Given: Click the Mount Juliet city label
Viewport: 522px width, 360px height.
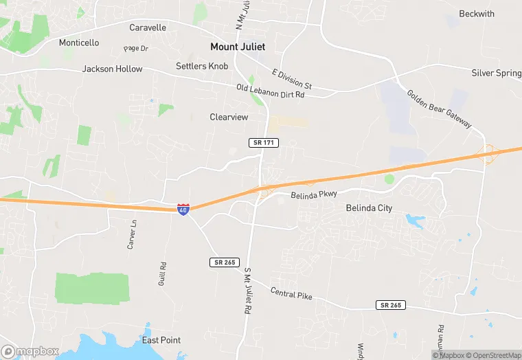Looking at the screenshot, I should [237, 47].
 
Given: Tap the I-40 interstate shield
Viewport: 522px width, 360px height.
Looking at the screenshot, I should [183, 210].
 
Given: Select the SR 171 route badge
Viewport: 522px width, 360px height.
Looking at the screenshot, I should [263, 142].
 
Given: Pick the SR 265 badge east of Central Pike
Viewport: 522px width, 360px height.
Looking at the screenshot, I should [391, 304].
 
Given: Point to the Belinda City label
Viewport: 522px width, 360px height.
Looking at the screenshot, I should [369, 207].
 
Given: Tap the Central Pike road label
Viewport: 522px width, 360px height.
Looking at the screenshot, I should [291, 294].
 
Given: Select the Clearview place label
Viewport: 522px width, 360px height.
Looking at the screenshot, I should [229, 117].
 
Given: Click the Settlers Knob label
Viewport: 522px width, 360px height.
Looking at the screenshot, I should [202, 66].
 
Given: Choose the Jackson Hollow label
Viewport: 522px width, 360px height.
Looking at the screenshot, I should [113, 69].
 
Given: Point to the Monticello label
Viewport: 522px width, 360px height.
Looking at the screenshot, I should [79, 43].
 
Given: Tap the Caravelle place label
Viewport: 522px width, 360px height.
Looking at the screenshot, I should [148, 27].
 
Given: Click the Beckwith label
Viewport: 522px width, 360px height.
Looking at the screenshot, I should [476, 14].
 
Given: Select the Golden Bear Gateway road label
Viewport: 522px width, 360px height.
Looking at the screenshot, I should [439, 109].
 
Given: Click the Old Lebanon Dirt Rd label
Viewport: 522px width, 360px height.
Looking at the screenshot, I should [270, 91].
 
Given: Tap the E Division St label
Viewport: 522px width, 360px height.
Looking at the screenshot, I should [292, 79].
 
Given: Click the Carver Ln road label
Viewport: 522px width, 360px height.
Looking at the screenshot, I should [132, 234].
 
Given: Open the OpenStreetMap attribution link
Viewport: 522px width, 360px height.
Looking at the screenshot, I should [492, 355].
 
